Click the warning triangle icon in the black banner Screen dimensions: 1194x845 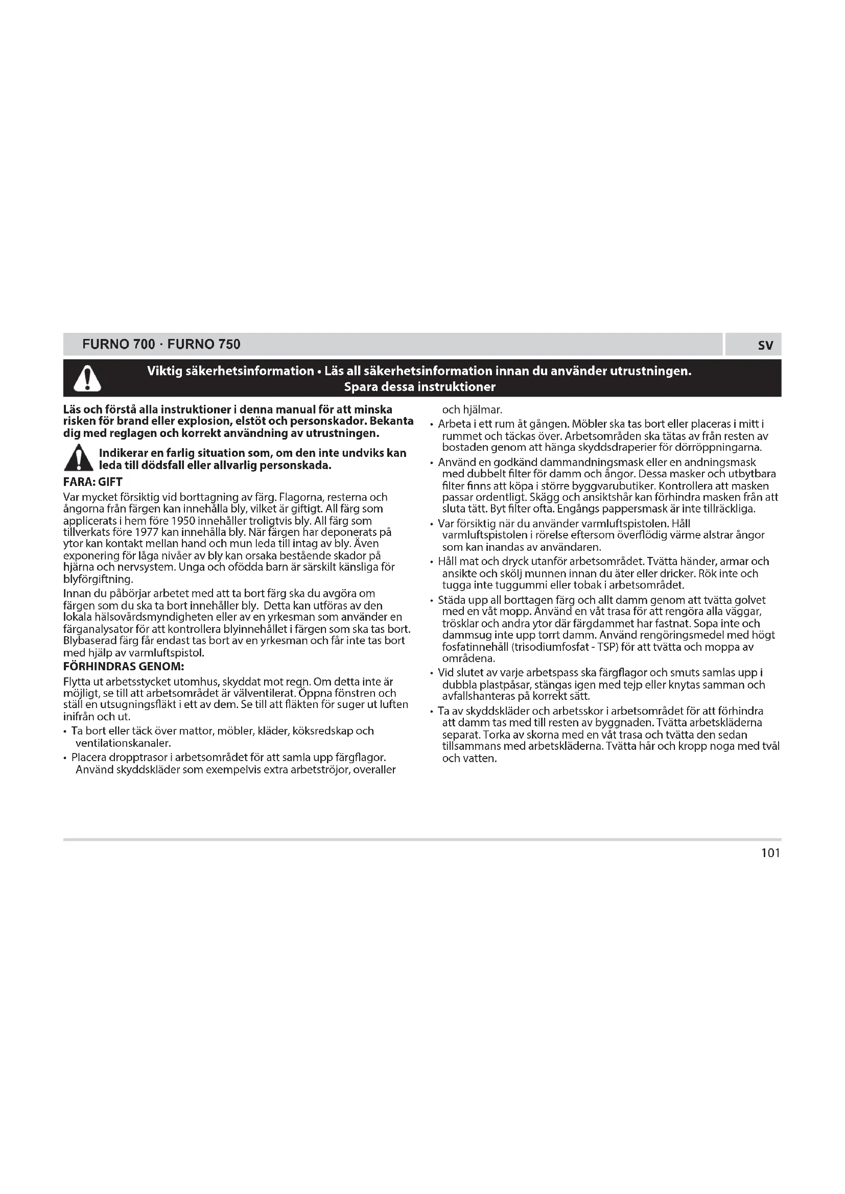(x=87, y=378)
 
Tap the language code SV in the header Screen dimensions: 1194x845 (x=765, y=345)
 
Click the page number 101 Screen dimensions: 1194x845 (x=770, y=853)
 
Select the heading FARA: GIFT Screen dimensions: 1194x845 (x=92, y=482)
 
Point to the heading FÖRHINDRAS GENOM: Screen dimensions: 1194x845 (x=124, y=667)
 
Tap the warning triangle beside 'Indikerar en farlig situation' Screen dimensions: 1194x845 (x=79, y=458)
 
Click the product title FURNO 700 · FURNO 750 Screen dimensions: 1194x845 (x=161, y=344)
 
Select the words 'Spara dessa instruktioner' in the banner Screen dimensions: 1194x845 (x=419, y=387)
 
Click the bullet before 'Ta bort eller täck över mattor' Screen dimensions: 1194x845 (x=65, y=732)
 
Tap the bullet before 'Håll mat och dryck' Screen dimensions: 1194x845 (x=432, y=562)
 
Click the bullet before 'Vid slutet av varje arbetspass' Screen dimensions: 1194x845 (x=432, y=673)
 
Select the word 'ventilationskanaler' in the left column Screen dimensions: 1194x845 (x=122, y=743)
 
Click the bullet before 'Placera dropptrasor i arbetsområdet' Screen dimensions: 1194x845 (x=65, y=758)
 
